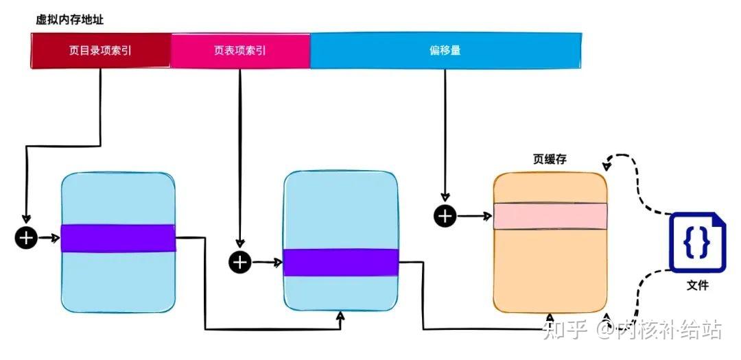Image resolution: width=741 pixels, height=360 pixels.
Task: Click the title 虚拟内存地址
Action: pyautogui.click(x=69, y=20)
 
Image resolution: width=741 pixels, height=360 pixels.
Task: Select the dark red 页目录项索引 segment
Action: pyautogui.click(x=100, y=51)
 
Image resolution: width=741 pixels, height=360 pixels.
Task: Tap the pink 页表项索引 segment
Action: pyautogui.click(x=240, y=51)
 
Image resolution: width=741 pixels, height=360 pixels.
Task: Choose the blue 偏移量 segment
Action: pyautogui.click(x=445, y=51)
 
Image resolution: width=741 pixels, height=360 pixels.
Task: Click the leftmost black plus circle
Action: pyautogui.click(x=26, y=238)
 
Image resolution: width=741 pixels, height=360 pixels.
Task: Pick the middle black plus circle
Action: pyautogui.click(x=240, y=262)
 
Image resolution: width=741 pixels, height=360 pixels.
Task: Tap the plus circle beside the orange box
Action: pyautogui.click(x=445, y=216)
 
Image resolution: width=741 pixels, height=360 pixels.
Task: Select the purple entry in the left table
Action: pyautogui.click(x=118, y=238)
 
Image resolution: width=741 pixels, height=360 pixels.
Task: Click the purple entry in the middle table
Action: pyautogui.click(x=341, y=262)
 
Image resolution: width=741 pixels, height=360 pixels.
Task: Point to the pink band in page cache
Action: pyautogui.click(x=550, y=216)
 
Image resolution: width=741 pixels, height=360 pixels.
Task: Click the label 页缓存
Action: pyautogui.click(x=550, y=160)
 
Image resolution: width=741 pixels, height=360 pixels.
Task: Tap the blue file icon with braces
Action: pyautogui.click(x=697, y=242)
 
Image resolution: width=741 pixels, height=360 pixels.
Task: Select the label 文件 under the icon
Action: pyautogui.click(x=697, y=285)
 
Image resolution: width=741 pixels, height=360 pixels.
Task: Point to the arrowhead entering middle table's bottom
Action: pyautogui.click(x=341, y=315)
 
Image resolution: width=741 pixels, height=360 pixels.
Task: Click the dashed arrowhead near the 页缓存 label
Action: pyautogui.click(x=606, y=165)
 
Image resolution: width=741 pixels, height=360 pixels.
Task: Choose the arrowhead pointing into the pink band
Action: pyautogui.click(x=488, y=216)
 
